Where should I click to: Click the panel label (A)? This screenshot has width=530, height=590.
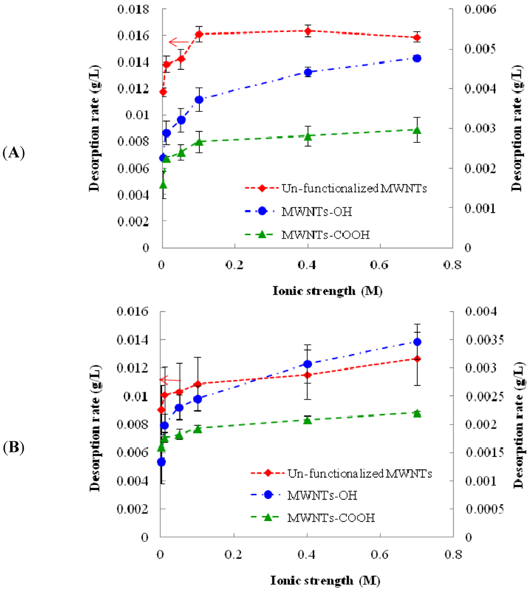(x=14, y=153)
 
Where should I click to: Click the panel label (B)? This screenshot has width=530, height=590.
(x=14, y=448)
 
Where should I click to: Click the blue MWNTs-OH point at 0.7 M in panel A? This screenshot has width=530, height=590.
(x=417, y=58)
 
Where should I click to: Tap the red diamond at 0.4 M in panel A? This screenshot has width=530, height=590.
(x=308, y=31)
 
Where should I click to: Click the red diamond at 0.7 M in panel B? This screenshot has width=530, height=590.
(x=417, y=358)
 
